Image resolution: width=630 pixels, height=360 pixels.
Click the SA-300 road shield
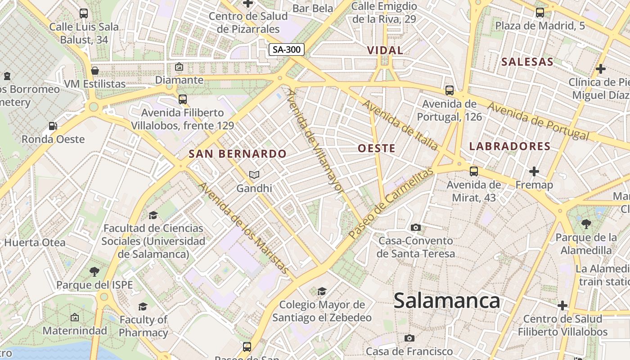pyautogui.click(x=287, y=49)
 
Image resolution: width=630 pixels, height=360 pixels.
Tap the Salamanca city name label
pyautogui.click(x=446, y=301)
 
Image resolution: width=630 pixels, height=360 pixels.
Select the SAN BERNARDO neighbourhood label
pyautogui.click(x=238, y=153)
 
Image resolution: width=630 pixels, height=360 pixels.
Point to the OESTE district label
pyautogui.click(x=377, y=148)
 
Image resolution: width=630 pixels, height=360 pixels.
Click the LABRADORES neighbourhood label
pyautogui.click(x=510, y=146)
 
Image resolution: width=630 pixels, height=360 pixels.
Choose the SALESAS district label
pyautogui.click(x=527, y=62)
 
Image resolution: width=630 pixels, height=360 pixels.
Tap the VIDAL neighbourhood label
pyautogui.click(x=385, y=50)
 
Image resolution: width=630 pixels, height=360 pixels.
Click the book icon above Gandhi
pyautogui.click(x=254, y=175)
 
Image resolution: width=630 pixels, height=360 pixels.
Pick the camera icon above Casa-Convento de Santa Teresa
pyautogui.click(x=416, y=227)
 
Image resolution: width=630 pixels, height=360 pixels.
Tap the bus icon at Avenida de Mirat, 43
pyautogui.click(x=474, y=171)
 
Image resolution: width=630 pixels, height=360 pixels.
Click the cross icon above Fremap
pyautogui.click(x=534, y=171)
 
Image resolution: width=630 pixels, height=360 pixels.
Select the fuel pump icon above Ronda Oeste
pyautogui.click(x=53, y=126)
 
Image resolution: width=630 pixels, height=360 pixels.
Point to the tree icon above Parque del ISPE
pyautogui.click(x=94, y=271)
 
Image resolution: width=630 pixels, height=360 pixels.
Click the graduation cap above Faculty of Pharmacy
pyautogui.click(x=143, y=306)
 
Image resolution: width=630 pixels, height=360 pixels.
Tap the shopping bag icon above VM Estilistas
pyautogui.click(x=95, y=71)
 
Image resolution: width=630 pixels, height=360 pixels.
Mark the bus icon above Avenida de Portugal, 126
pyautogui.click(x=449, y=90)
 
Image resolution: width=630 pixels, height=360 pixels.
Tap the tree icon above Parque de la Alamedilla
pyautogui.click(x=586, y=224)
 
